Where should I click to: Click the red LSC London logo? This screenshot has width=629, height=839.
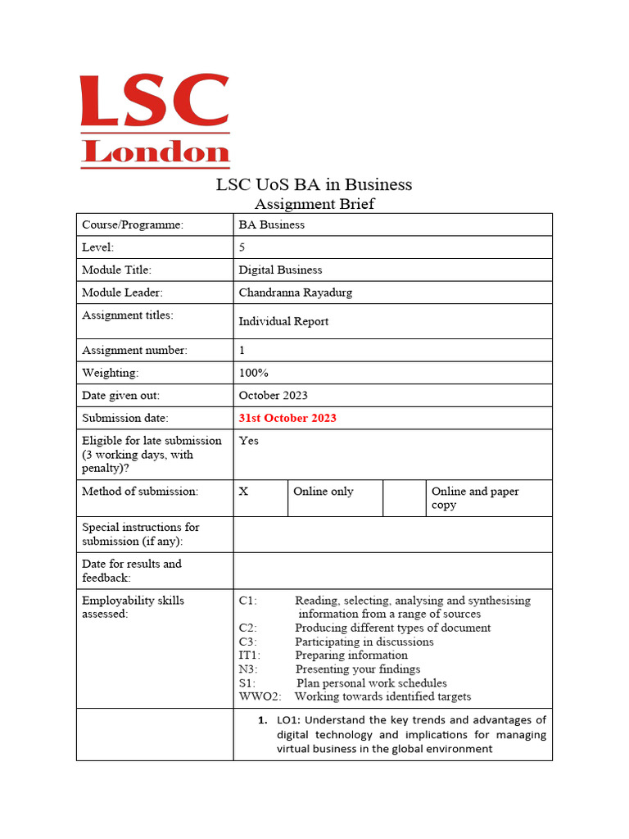click(x=154, y=121)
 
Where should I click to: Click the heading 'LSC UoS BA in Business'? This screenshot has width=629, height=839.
click(x=314, y=184)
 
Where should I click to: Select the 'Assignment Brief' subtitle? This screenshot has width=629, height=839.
click(x=314, y=204)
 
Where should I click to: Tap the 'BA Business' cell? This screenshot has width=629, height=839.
click(x=272, y=224)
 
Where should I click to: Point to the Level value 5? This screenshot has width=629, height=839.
click(x=242, y=247)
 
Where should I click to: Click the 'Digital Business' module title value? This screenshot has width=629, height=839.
click(x=280, y=270)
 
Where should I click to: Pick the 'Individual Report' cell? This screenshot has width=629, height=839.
click(x=283, y=321)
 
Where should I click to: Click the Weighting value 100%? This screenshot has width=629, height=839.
click(x=253, y=373)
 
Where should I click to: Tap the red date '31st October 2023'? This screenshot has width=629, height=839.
click(x=287, y=418)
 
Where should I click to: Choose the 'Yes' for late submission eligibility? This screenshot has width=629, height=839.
click(x=248, y=441)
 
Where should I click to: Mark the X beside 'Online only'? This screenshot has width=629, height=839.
click(x=243, y=492)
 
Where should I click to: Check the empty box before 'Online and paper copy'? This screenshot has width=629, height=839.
click(x=404, y=497)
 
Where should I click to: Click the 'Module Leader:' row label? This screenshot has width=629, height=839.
click(x=122, y=292)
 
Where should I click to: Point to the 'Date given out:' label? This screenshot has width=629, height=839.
click(x=120, y=395)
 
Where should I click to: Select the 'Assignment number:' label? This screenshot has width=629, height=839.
click(x=134, y=350)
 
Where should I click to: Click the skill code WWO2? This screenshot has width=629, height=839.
click(x=260, y=696)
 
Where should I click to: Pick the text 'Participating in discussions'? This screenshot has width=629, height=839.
click(x=364, y=642)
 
